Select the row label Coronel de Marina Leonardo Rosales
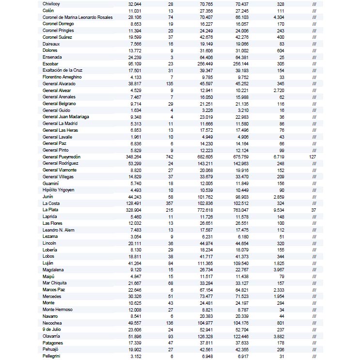coord(78,17)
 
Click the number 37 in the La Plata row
coord(314,210)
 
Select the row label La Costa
coord(51,203)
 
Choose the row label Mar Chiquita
coord(55,283)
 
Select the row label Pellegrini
coord(52,356)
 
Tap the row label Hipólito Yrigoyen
coord(59,190)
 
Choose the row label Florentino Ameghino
coord(62,77)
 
